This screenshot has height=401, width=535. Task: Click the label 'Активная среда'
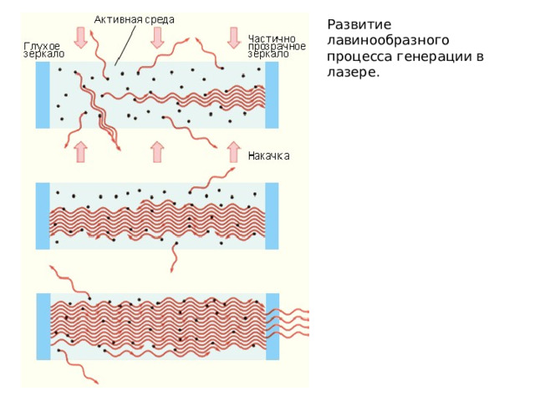(x=134, y=20)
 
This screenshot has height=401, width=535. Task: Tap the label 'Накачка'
(x=269, y=156)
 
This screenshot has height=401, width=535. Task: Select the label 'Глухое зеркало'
(x=44, y=50)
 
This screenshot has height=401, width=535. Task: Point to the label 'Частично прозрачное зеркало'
(x=277, y=46)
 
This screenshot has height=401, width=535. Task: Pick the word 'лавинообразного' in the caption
(x=388, y=41)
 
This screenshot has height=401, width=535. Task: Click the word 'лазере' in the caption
(x=353, y=73)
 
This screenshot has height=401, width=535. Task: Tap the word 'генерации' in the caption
(x=433, y=57)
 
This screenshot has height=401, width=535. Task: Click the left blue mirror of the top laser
(x=43, y=95)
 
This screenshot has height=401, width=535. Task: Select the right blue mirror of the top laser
(x=272, y=95)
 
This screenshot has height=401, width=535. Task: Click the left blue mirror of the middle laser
(x=43, y=216)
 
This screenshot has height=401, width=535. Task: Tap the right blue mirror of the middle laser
(x=272, y=216)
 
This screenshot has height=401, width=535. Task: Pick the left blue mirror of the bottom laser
(x=43, y=327)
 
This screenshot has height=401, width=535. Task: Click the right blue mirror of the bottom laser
(x=273, y=327)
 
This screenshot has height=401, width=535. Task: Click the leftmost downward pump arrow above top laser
(x=81, y=38)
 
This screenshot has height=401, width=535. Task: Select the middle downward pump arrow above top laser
(x=157, y=38)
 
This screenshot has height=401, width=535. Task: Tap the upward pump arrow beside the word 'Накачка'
(x=234, y=152)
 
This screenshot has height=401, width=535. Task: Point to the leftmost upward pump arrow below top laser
(x=81, y=152)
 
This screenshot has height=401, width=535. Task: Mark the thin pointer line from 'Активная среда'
(x=125, y=44)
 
